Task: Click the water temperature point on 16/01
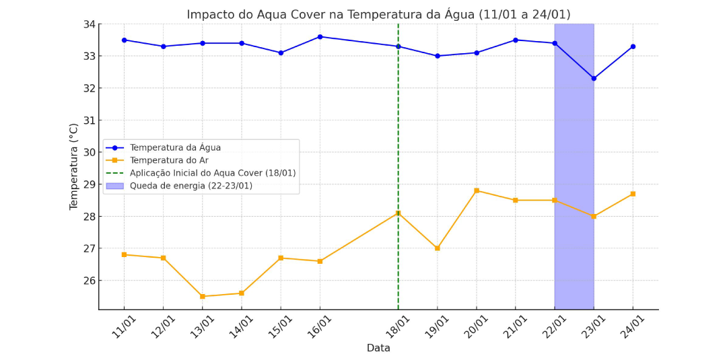320,36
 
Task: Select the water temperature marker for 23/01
594,78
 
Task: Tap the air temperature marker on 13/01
203,297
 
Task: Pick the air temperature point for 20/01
477,190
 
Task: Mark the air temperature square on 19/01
438,248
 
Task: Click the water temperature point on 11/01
125,40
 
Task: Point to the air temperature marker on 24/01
633,194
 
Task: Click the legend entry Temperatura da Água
175,148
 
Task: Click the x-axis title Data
378,348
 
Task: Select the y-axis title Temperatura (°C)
74,167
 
